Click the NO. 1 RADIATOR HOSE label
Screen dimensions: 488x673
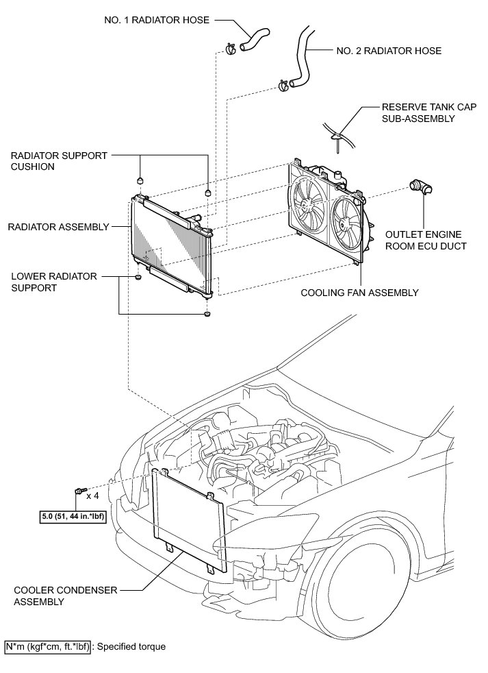click(157, 20)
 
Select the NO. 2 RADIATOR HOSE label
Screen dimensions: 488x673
click(389, 51)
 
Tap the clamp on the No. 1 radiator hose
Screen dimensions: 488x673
click(231, 49)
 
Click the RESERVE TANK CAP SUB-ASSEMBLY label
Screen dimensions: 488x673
click(429, 113)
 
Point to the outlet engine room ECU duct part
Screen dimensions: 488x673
click(421, 187)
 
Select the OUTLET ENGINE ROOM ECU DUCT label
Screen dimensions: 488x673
click(426, 241)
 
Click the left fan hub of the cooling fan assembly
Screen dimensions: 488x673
click(306, 205)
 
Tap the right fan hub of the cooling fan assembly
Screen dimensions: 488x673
click(343, 223)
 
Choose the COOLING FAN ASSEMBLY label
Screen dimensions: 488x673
click(359, 293)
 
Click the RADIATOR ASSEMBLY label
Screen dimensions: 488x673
click(58, 227)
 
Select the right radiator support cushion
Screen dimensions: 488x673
click(208, 191)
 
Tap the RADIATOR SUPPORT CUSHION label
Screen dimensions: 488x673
click(59, 161)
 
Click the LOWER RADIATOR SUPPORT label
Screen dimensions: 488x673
click(54, 282)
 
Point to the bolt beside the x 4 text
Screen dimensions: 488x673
click(80, 490)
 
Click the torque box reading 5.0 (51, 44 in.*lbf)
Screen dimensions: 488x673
click(73, 516)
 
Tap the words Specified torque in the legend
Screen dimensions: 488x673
click(131, 647)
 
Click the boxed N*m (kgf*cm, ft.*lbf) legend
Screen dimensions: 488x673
click(47, 647)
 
